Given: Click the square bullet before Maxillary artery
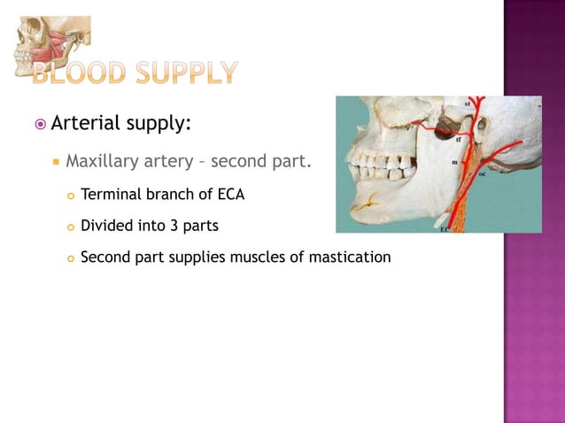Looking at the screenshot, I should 56,164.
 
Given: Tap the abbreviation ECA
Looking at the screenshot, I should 230,194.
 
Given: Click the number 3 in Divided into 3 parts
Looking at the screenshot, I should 174,226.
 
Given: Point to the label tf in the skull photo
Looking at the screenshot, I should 458,140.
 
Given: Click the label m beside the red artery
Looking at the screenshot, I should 454,163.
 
